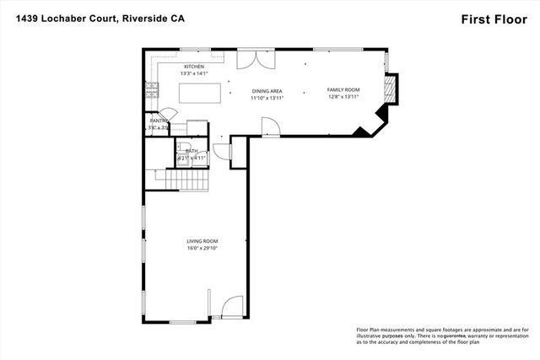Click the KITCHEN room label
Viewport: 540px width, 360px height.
tap(194, 67)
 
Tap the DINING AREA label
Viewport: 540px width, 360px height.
tap(267, 90)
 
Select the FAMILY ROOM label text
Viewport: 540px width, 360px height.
tap(343, 89)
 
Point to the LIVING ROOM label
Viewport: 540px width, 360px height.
tap(202, 242)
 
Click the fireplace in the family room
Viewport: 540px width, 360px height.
tap(391, 89)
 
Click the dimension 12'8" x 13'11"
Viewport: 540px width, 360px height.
tap(343, 97)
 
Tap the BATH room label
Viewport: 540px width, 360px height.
tap(192, 151)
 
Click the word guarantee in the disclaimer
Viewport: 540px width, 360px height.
tap(444, 336)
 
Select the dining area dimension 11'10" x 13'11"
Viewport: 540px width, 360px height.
tap(267, 98)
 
